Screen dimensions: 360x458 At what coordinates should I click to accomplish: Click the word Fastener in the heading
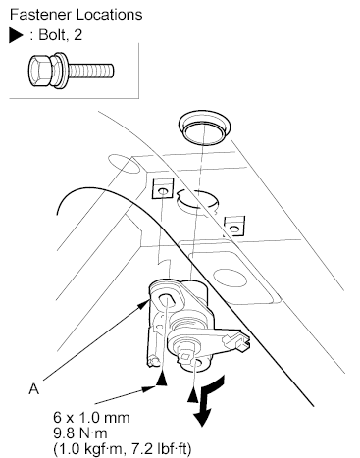41,15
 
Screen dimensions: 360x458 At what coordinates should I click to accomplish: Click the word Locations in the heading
109,15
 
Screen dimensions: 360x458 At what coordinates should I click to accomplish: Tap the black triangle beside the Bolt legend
16,35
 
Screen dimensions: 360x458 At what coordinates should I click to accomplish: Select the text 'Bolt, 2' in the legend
61,35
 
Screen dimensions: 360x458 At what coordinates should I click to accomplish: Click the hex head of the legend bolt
40,71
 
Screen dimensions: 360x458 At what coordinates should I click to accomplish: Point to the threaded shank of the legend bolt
90,71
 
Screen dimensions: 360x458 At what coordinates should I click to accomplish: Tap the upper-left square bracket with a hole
162,188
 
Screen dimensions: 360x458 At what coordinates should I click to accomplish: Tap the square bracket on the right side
234,226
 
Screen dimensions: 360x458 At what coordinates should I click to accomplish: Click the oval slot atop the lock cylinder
168,299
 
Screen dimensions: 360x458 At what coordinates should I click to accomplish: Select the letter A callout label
34,389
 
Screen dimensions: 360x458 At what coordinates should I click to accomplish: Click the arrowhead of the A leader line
145,304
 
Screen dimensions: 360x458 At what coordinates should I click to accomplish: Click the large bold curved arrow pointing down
207,400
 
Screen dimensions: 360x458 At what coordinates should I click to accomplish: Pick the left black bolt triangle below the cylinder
161,380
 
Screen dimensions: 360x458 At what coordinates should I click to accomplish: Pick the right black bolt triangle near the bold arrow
193,396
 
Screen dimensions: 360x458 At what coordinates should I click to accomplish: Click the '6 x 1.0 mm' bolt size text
91,418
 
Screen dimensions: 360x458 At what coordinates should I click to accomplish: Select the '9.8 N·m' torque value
80,433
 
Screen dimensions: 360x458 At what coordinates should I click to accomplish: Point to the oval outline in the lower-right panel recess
230,278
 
